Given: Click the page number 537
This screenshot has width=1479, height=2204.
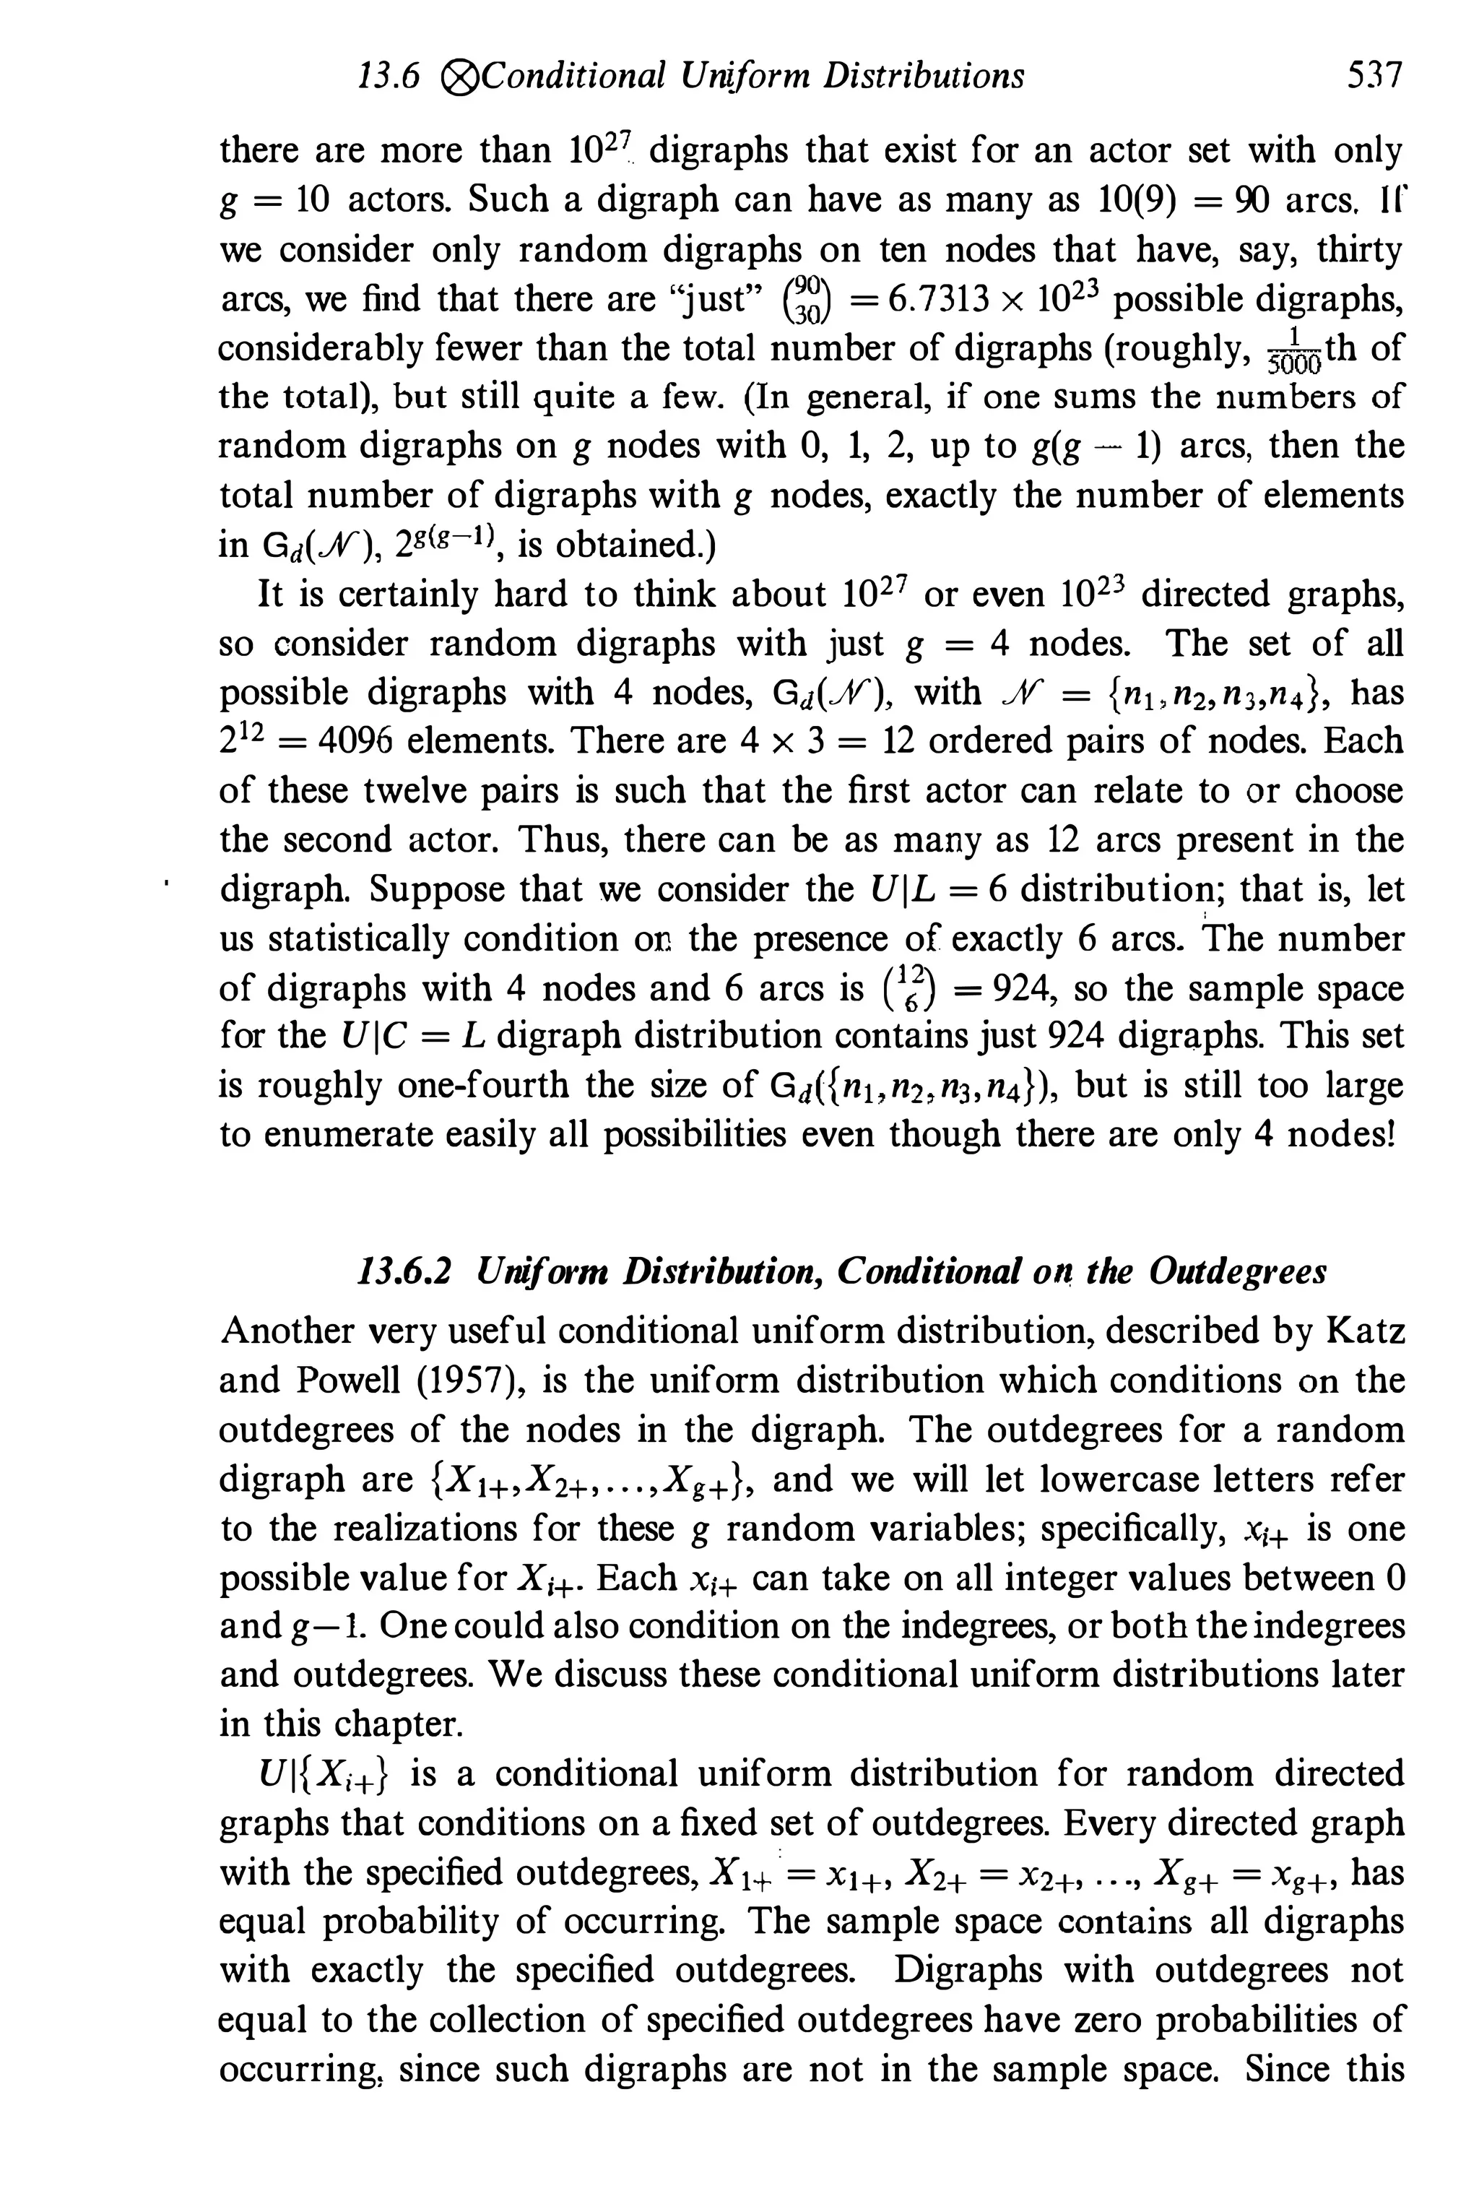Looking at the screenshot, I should [x=1375, y=74].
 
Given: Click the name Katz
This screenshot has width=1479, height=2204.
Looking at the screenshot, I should [x=1365, y=1331].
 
